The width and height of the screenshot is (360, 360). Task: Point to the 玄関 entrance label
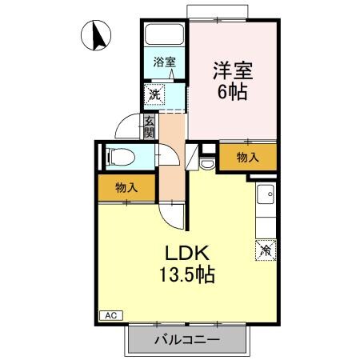150,126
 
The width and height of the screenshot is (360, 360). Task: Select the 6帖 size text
232,91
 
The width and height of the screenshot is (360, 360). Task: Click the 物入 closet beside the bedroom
248,157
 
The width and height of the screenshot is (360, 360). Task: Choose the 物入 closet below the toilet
126,189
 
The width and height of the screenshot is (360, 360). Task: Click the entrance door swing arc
126,129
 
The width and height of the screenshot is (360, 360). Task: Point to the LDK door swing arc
174,212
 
